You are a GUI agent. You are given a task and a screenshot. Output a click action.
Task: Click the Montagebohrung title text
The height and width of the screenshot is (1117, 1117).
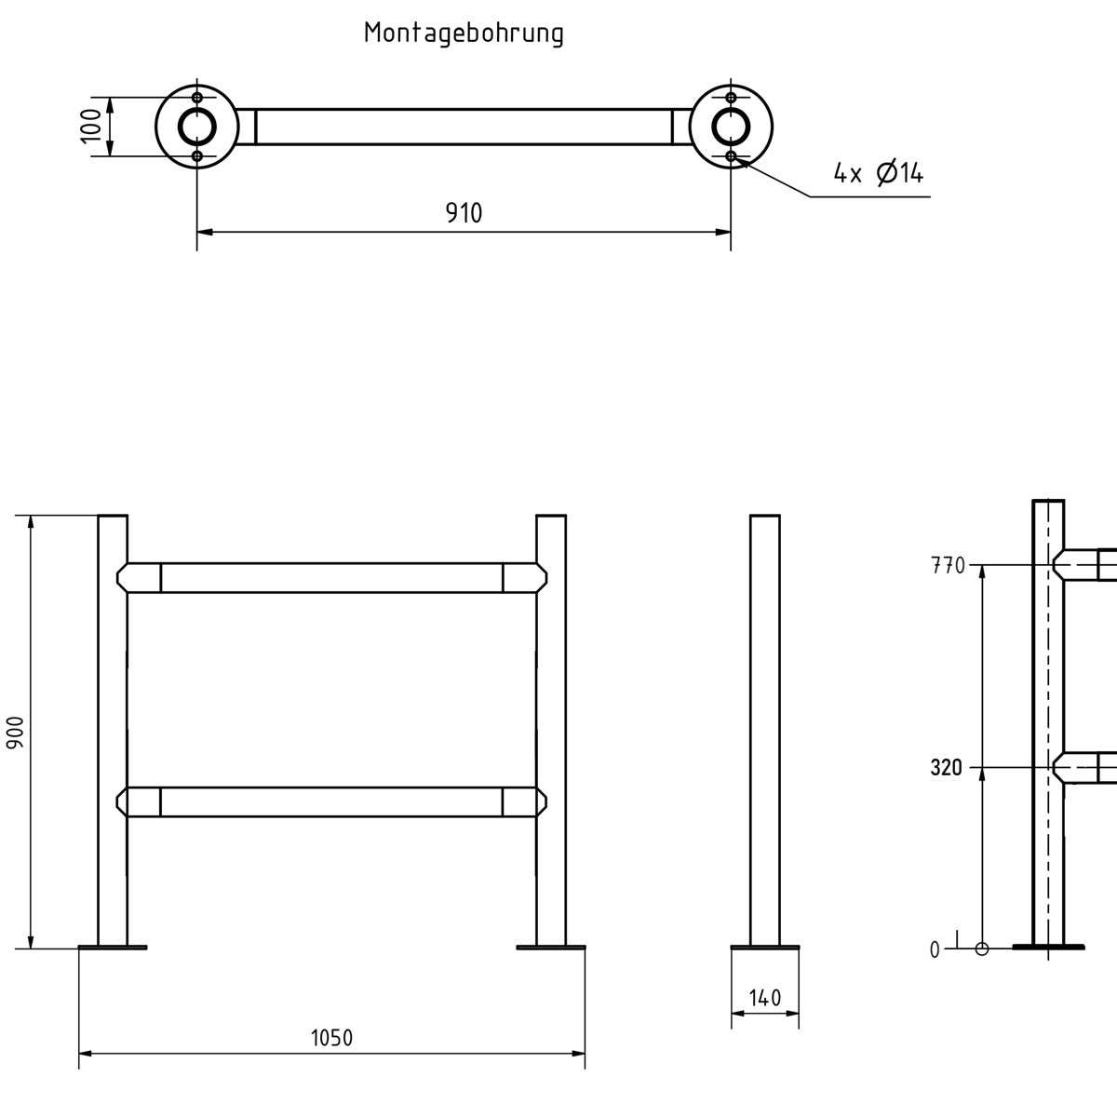pos(464,34)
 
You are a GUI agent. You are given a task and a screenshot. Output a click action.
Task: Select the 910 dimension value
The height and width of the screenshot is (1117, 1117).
pos(464,213)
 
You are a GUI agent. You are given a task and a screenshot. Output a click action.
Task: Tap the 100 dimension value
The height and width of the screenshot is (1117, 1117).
pos(90,126)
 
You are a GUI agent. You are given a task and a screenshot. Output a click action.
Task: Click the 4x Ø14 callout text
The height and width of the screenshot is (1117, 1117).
pos(878,173)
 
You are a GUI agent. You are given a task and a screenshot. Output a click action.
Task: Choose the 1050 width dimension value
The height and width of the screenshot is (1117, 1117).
pos(331,1038)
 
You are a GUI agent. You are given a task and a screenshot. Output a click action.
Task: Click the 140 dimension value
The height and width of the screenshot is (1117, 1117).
pos(764,999)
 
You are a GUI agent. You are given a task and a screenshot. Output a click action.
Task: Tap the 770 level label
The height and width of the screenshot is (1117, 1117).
pos(948,565)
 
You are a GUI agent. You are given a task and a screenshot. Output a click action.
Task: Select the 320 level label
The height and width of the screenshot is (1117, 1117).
pos(946,768)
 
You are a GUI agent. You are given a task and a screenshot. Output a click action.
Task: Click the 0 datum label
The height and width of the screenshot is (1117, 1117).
pos(935,949)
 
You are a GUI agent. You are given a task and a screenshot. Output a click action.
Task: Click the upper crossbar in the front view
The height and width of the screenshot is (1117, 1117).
pos(331,577)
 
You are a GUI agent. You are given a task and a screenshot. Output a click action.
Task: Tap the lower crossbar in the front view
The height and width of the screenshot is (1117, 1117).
pos(331,802)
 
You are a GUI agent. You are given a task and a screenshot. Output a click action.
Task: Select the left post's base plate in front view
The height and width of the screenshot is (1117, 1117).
pos(113,948)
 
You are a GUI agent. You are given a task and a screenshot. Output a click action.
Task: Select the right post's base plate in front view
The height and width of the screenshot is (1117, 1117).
pos(551,948)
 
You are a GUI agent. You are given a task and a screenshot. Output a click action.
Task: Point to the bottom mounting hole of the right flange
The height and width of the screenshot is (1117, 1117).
pos(732,155)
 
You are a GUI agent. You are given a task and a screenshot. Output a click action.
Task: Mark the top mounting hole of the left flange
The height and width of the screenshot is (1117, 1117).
pos(196,98)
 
